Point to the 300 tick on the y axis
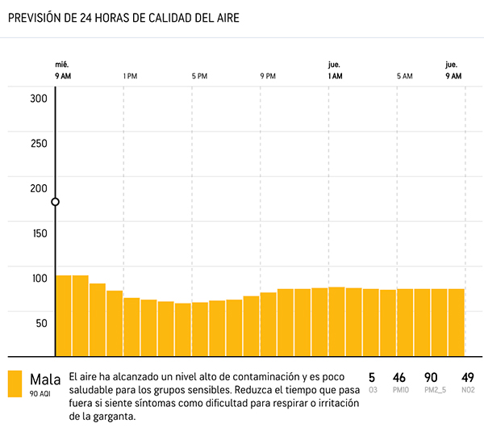click(x=39, y=99)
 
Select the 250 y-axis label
click(x=39, y=144)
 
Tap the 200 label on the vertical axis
click(x=39, y=188)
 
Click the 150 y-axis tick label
click(x=39, y=233)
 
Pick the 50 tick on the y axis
click(x=40, y=323)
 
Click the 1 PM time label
click(x=130, y=76)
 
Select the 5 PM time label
click(x=199, y=76)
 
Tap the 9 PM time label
click(x=268, y=76)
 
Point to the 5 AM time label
click(x=405, y=76)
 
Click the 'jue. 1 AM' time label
click(x=336, y=70)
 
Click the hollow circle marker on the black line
click(x=56, y=202)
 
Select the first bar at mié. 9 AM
click(x=64, y=315)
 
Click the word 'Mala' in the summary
click(x=45, y=379)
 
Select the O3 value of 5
click(x=372, y=377)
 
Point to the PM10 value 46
click(x=398, y=377)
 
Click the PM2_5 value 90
click(x=431, y=377)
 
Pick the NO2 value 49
click(x=467, y=377)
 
